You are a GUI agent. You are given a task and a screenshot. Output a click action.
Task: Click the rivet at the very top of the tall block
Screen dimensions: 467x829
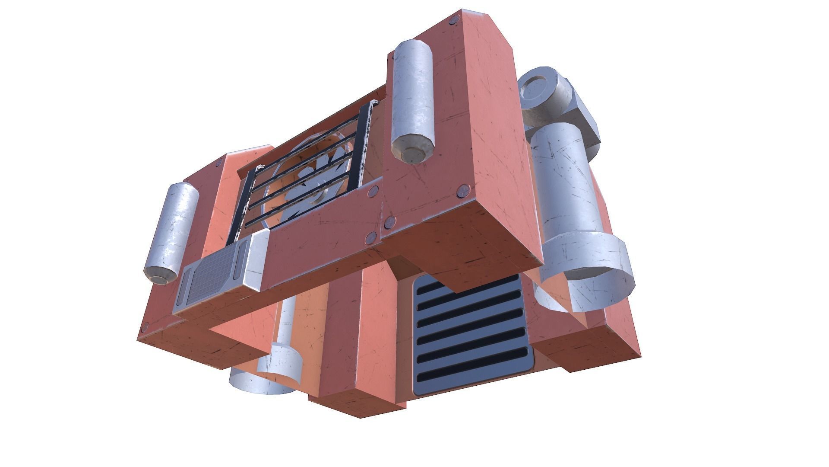(x=454, y=19)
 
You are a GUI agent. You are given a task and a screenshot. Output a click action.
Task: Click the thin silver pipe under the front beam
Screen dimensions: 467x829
(x=287, y=320)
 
